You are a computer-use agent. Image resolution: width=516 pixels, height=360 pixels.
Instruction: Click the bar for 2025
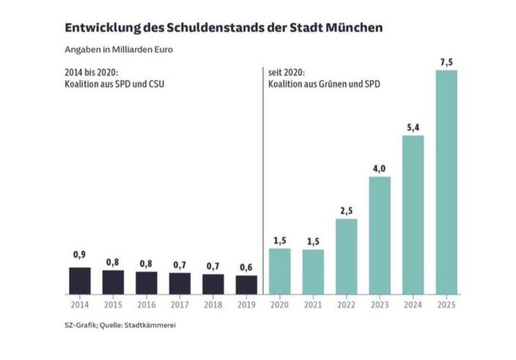point(446,182)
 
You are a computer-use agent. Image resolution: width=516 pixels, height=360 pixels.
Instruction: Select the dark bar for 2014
point(80,281)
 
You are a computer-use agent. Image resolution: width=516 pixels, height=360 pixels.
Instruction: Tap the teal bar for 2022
point(346,256)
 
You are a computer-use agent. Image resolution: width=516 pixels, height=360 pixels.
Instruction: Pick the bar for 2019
point(246,285)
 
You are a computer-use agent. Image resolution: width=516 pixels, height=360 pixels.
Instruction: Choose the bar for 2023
point(380,235)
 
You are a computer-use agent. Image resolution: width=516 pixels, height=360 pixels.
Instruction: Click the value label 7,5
point(446,62)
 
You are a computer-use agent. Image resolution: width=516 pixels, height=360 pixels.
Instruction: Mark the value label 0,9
point(80,255)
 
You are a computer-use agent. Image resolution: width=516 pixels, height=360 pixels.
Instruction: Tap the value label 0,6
point(246,267)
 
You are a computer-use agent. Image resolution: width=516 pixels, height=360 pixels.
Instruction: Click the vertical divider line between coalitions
point(263,181)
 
